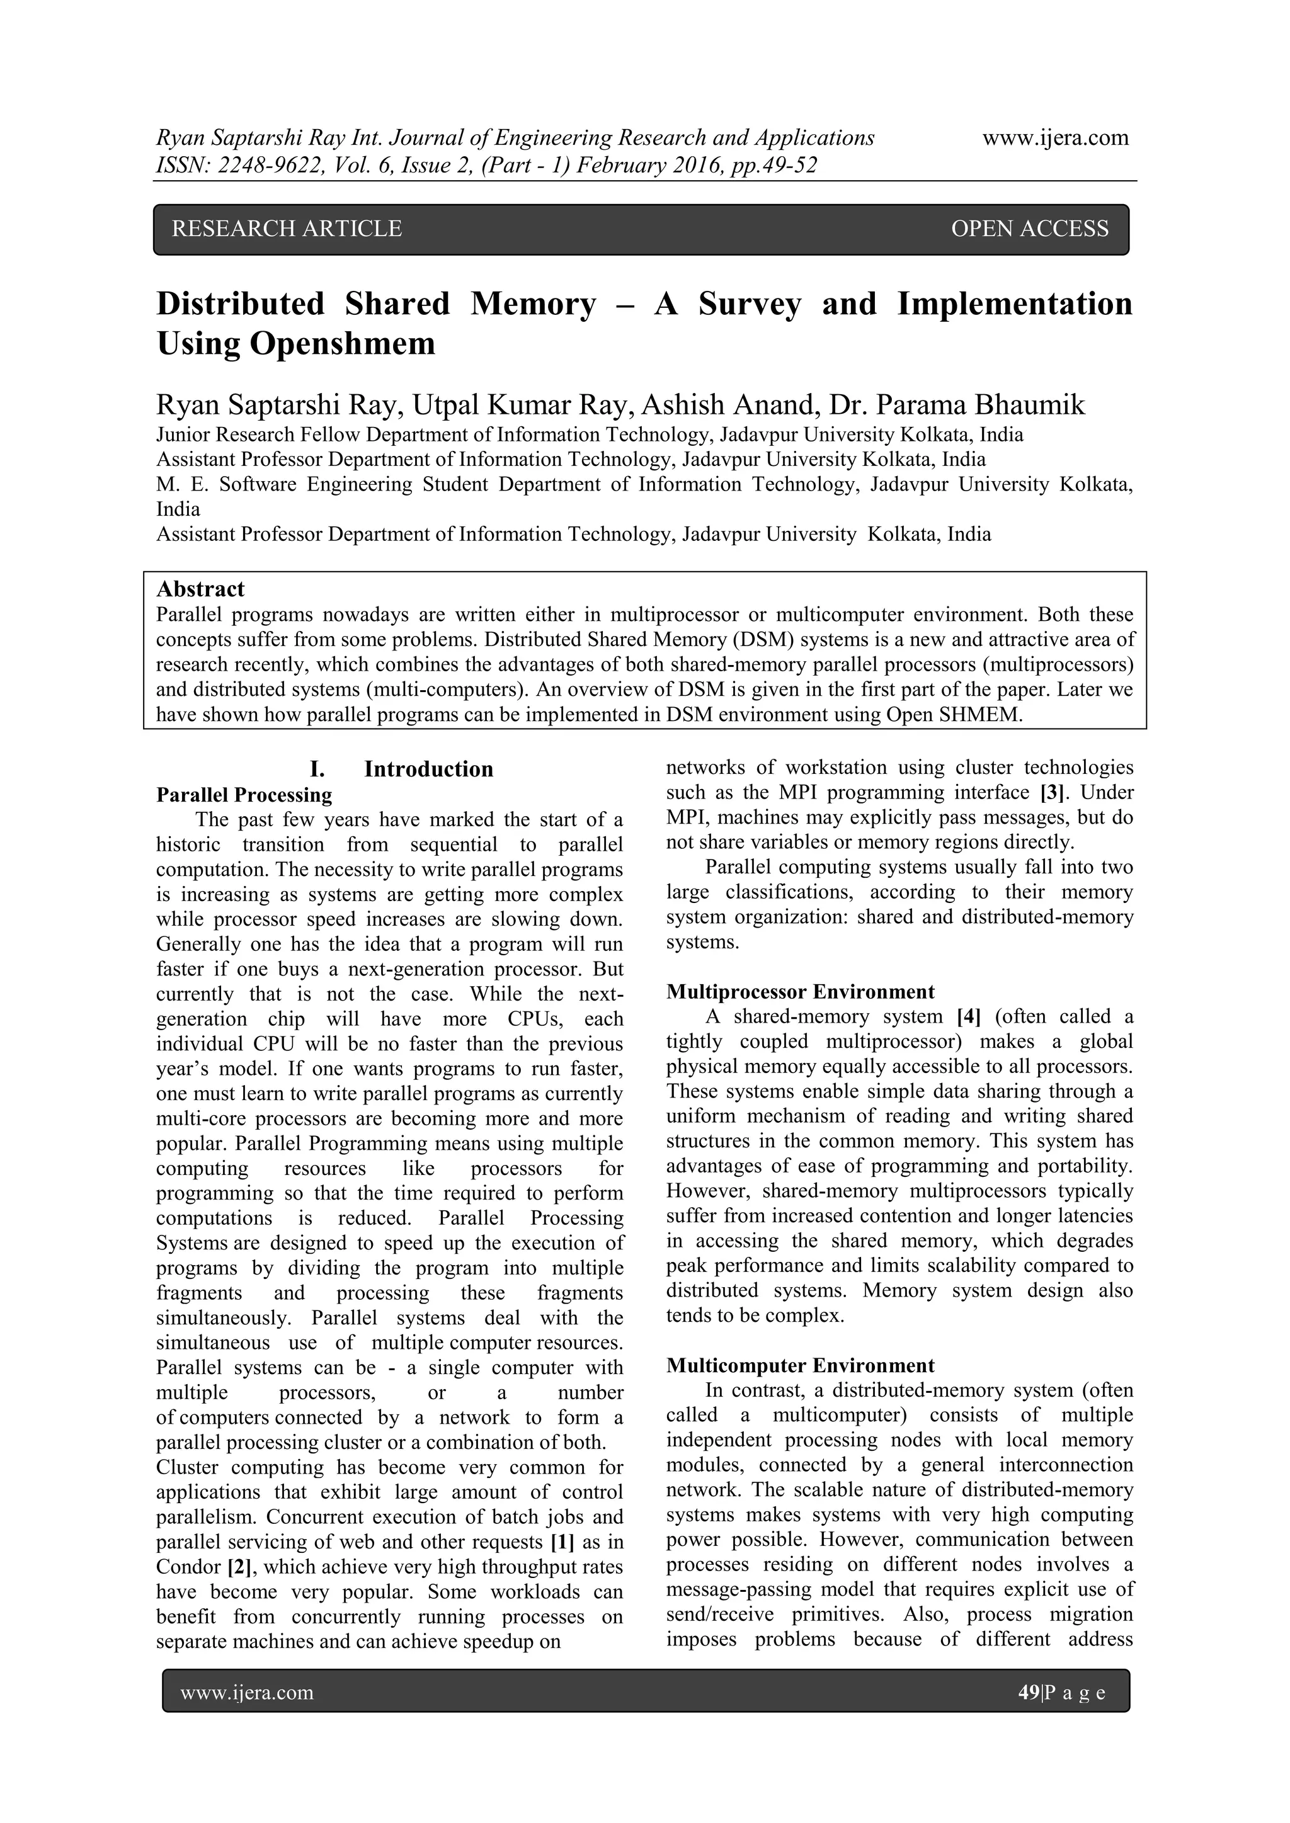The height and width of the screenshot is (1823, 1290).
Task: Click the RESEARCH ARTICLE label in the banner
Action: tap(287, 229)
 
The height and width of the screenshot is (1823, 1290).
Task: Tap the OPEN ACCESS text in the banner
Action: tap(1029, 229)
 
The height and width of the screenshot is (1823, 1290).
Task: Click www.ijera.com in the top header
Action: tap(1055, 138)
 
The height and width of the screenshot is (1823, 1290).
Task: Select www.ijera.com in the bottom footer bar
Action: tap(247, 1692)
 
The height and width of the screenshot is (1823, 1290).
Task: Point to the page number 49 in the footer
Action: tap(1028, 1692)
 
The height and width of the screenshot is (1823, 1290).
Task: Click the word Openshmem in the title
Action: tap(343, 344)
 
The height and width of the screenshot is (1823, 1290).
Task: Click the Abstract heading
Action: tap(200, 589)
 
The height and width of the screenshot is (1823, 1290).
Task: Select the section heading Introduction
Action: tap(428, 769)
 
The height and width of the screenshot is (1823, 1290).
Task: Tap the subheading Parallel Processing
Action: tap(244, 795)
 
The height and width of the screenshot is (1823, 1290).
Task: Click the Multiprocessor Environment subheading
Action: tap(800, 992)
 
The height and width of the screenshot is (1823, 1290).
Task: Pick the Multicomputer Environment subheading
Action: tap(800, 1366)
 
